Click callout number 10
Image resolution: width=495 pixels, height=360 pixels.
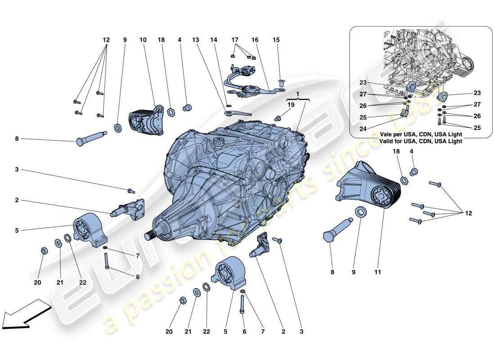pyautogui.click(x=143, y=40)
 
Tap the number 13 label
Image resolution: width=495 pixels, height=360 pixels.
pyautogui.click(x=195, y=40)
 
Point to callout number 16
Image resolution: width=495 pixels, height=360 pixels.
pyautogui.click(x=255, y=40)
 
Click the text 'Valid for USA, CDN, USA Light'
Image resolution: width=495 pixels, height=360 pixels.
pyautogui.click(x=421, y=141)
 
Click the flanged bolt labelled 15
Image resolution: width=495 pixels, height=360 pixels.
pyautogui.click(x=281, y=84)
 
